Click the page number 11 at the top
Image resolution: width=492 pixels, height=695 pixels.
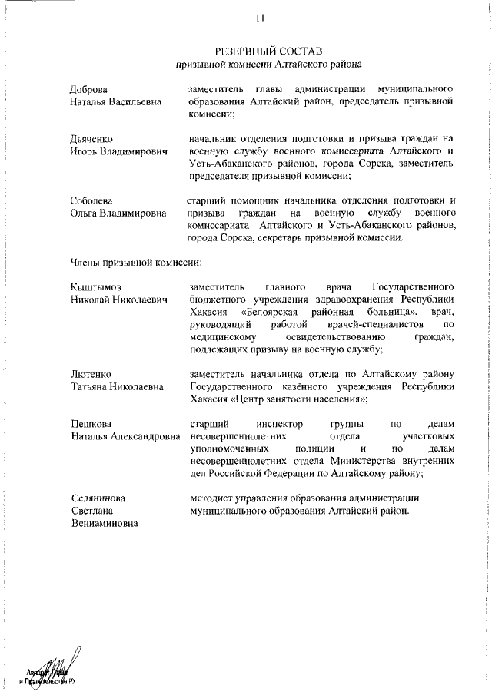tap(261, 18)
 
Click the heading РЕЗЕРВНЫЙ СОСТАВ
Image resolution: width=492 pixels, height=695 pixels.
tap(268, 51)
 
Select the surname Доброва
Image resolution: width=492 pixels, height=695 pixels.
tap(89, 89)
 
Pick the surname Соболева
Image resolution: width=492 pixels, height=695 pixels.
tap(91, 201)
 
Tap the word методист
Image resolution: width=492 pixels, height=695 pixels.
tap(210, 498)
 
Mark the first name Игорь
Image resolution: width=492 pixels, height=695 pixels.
tap(84, 152)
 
